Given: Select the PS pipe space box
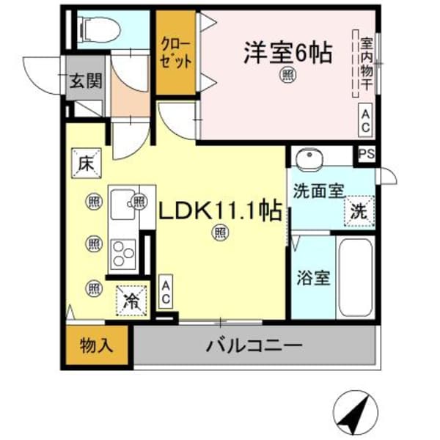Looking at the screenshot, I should pos(366,155).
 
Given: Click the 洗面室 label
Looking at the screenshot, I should pos(318,192).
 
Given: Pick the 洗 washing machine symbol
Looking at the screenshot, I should pos(359,212).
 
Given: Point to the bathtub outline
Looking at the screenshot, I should pos(356,275).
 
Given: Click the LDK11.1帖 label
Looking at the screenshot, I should pos(221,212).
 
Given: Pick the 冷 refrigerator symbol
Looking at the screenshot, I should pos(132,299).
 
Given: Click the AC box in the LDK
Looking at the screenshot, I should pos(166,291).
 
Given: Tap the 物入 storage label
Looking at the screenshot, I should pos(96,345).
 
